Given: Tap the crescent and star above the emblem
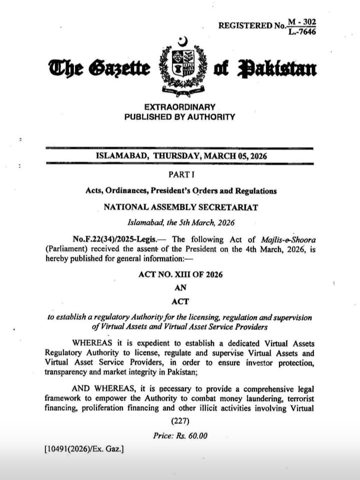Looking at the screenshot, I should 182,41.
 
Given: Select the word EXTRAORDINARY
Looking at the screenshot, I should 179,107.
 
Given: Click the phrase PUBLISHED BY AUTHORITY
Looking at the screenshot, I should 179,117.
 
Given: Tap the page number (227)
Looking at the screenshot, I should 179,421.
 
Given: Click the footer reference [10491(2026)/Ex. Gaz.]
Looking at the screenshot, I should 84,449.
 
